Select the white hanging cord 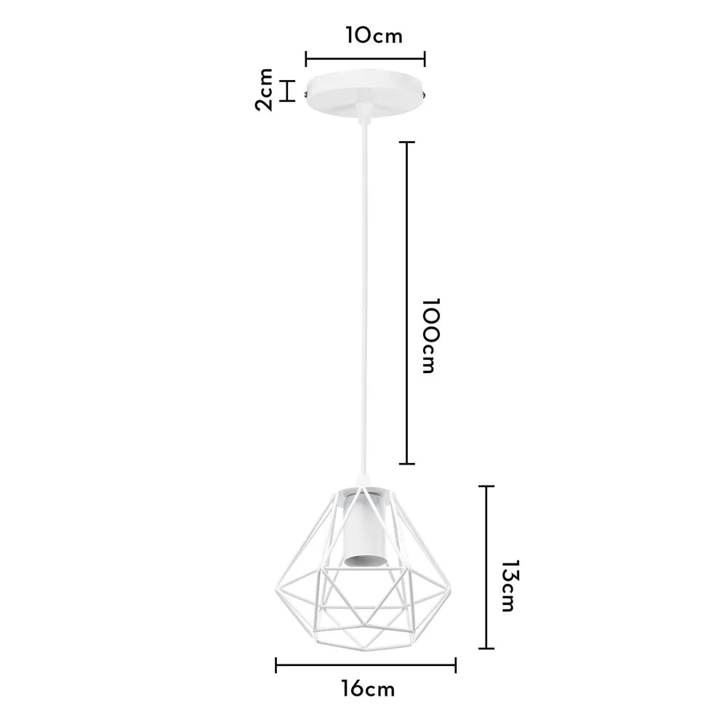362,291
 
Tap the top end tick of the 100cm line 408,142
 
